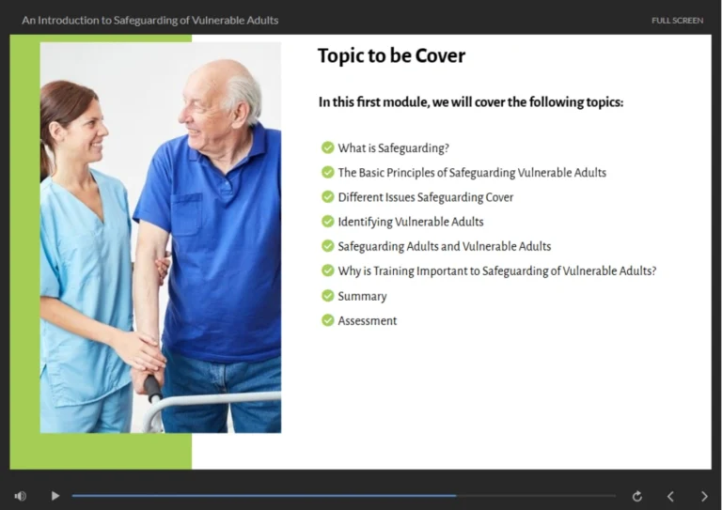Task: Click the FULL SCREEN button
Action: click(x=677, y=20)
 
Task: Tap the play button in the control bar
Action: click(x=55, y=496)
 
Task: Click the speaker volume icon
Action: click(x=21, y=496)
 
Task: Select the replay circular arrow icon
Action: click(x=636, y=496)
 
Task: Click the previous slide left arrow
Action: click(x=670, y=496)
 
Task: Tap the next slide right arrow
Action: click(x=704, y=496)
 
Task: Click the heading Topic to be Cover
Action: click(x=391, y=56)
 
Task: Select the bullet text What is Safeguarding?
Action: click(x=393, y=147)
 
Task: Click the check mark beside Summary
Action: click(x=327, y=296)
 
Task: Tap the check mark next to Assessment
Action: click(x=327, y=320)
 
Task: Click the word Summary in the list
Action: click(x=362, y=296)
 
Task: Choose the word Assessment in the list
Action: click(x=368, y=320)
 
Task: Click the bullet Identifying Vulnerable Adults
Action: click(x=411, y=222)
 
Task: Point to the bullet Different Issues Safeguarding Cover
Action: click(x=425, y=197)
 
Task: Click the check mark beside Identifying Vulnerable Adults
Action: click(x=327, y=222)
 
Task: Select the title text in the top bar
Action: click(x=150, y=20)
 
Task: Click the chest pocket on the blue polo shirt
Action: click(x=185, y=213)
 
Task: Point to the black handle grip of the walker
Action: click(x=151, y=386)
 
